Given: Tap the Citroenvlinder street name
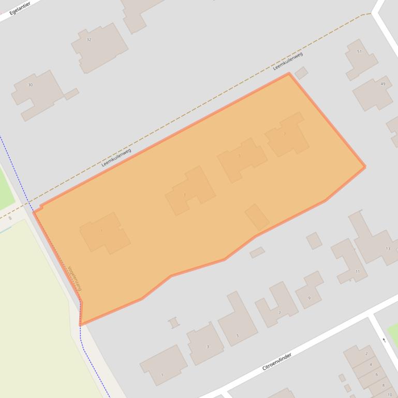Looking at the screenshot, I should [x=277, y=361].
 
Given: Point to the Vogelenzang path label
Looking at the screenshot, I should [x=75, y=278].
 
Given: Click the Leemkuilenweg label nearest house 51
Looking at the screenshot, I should [x=287, y=61].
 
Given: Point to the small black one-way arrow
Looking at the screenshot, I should [x=384, y=340].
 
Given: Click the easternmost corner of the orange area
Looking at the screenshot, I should [x=365, y=167].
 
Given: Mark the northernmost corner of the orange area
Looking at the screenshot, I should [x=289, y=73].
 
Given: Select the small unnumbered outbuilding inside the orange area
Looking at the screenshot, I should [x=257, y=217].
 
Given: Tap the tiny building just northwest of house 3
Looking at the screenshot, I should [x=174, y=323].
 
